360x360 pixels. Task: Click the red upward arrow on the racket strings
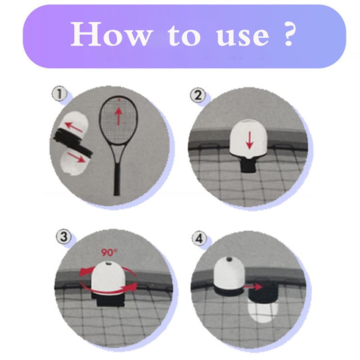tap(119, 116)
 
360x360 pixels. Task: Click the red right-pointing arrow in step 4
tap(255, 286)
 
